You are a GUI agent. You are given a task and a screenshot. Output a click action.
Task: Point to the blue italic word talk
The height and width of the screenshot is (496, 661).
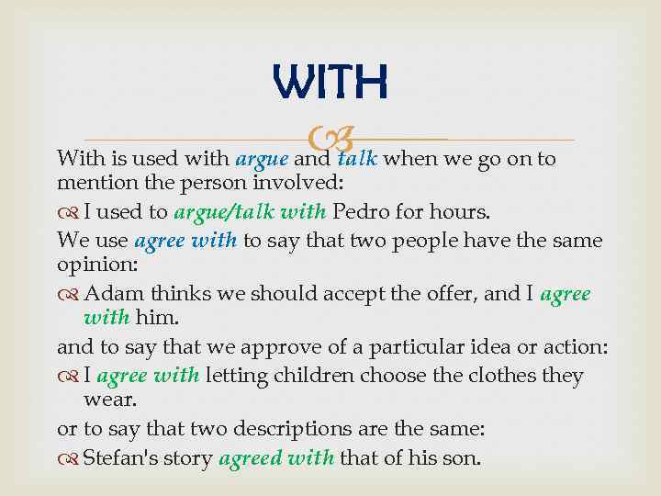pyautogui.click(x=357, y=159)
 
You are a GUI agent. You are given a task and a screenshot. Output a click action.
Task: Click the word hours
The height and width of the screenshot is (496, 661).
pyautogui.click(x=465, y=212)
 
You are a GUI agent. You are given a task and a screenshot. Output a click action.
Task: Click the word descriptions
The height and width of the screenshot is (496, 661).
pyautogui.click(x=296, y=430)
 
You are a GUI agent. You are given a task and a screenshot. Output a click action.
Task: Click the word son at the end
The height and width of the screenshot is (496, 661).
pyautogui.click(x=461, y=457)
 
